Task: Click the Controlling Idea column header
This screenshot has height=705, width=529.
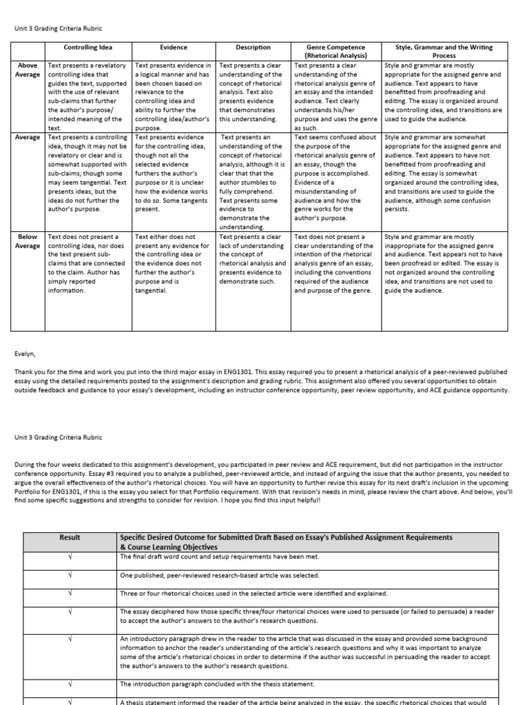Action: pos(89,48)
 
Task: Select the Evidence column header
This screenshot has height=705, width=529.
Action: pos(174,48)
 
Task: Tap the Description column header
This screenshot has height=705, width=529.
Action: pos(253,48)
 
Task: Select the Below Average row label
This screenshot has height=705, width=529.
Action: pos(28,241)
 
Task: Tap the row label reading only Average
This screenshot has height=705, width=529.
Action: pos(28,137)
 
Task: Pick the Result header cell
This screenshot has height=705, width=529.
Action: pos(70,538)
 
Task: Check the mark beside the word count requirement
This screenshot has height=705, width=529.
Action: pos(70,557)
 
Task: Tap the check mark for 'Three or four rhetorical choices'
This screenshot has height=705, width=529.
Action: pos(70,593)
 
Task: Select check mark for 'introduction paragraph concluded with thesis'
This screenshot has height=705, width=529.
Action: pos(70,684)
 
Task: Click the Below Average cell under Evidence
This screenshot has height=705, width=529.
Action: pos(174,264)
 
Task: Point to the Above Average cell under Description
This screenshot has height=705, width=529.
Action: pos(253,92)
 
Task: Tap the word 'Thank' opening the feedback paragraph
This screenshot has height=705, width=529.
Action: pos(23,371)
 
